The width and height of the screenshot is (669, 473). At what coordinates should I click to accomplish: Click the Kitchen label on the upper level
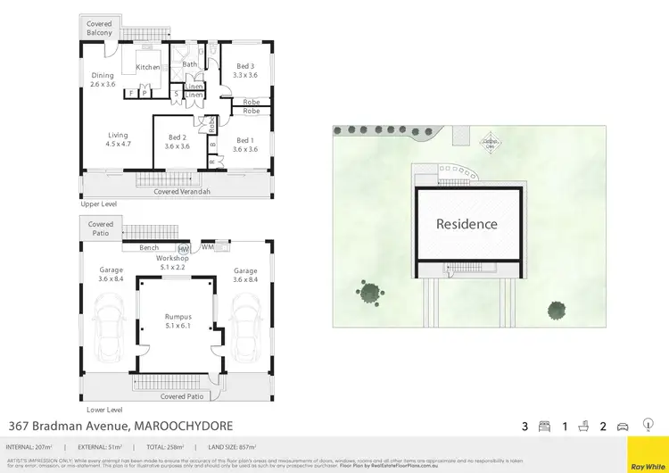147,67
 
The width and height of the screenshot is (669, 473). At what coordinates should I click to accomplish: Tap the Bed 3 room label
245,66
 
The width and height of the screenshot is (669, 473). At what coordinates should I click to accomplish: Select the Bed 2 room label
177,137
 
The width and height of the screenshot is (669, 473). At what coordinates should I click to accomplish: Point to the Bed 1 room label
244,140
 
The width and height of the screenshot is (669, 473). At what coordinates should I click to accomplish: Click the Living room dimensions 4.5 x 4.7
118,143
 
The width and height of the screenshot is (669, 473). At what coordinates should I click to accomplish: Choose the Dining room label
103,76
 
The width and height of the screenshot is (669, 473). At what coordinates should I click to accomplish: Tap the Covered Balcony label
100,29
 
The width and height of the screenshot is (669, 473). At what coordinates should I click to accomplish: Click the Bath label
190,64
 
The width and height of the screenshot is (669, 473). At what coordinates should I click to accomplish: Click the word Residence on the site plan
467,224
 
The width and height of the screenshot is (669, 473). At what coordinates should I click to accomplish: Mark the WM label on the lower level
207,246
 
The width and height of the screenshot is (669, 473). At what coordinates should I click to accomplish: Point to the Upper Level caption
99,204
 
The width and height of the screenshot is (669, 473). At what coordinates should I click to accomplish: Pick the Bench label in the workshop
149,247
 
